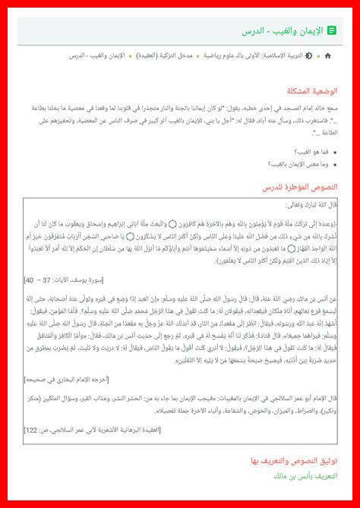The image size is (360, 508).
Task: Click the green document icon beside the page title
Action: coord(333,30)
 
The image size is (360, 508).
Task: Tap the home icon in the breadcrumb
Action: coord(327,56)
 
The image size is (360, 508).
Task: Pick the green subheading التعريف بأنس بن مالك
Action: coord(306,475)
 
